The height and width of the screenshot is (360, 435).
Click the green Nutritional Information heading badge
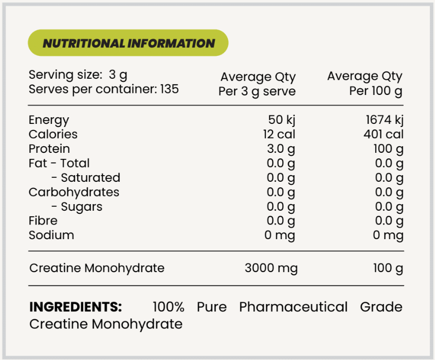click(128, 43)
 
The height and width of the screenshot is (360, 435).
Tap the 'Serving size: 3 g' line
click(78, 75)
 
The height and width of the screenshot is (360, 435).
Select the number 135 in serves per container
click(170, 89)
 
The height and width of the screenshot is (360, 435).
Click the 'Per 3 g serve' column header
click(257, 92)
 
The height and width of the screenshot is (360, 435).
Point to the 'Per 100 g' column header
click(376, 92)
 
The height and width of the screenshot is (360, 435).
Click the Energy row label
click(49, 120)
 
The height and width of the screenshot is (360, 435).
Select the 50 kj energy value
click(282, 120)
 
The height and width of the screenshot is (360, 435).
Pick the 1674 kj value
click(384, 120)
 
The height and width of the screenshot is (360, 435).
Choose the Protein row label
click(49, 149)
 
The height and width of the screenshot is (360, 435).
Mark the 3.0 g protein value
click(281, 149)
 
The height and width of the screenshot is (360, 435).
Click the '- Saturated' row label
click(86, 178)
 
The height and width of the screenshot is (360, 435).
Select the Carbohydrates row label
click(74, 192)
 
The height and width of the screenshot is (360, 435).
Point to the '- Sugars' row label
click(77, 207)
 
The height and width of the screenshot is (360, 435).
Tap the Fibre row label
click(43, 221)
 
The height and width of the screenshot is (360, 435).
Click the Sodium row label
click(51, 235)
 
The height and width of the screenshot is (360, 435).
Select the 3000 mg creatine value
click(271, 268)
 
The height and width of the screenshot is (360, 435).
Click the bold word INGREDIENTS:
click(76, 307)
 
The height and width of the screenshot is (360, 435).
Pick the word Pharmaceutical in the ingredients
click(293, 307)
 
